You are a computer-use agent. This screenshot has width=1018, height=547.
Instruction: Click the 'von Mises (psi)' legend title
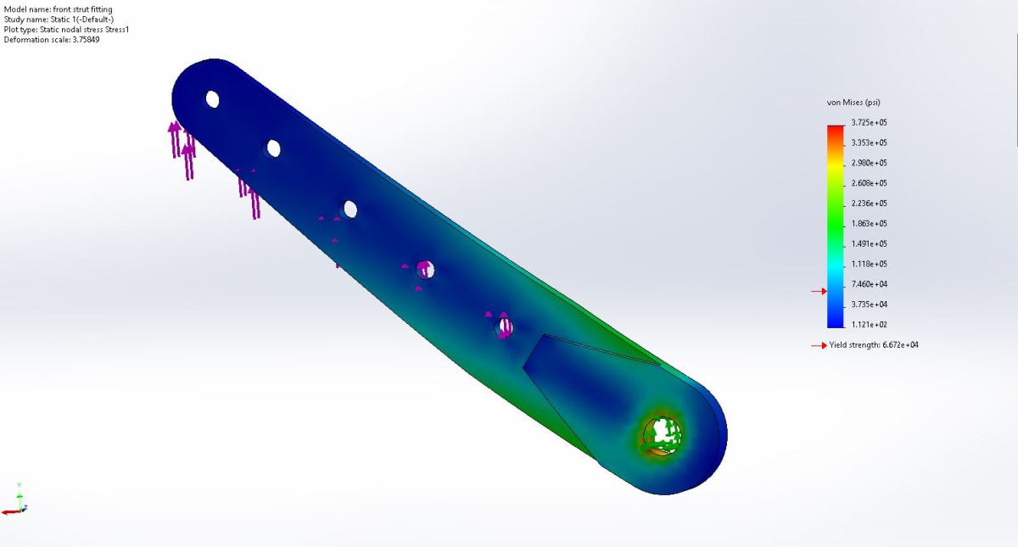(x=853, y=103)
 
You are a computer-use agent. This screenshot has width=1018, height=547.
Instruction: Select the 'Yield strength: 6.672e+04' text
(x=874, y=345)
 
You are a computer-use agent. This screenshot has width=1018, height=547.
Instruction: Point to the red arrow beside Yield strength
(x=819, y=345)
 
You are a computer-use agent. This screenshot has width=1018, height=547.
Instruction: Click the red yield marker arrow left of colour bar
(x=818, y=292)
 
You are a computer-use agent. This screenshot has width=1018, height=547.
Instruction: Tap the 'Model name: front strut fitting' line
(x=59, y=9)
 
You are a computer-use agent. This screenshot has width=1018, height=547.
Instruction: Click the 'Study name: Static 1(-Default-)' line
(x=59, y=20)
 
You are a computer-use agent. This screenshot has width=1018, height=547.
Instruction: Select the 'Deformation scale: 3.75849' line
(x=52, y=40)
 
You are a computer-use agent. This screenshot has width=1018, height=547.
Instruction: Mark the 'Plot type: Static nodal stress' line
(x=66, y=30)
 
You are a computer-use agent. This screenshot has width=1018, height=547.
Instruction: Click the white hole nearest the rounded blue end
(x=212, y=99)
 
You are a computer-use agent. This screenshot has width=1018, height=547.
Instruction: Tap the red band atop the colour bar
(x=836, y=127)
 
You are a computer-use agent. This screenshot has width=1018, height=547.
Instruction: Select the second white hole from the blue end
(x=273, y=148)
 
